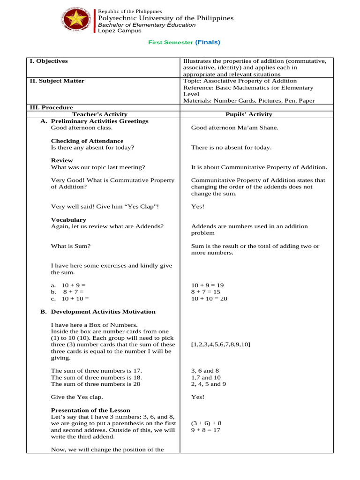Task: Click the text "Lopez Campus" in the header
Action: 119,30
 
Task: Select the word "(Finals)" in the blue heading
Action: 207,42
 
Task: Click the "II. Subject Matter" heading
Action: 57,81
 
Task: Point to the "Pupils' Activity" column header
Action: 248,114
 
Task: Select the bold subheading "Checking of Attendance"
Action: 87,141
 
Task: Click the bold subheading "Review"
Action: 62,160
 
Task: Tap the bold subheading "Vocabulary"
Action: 68,219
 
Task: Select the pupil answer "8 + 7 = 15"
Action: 205,292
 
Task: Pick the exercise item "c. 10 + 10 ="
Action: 70,298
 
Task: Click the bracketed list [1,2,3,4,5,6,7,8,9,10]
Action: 220,345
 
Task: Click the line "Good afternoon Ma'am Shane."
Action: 234,127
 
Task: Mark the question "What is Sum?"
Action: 71,246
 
